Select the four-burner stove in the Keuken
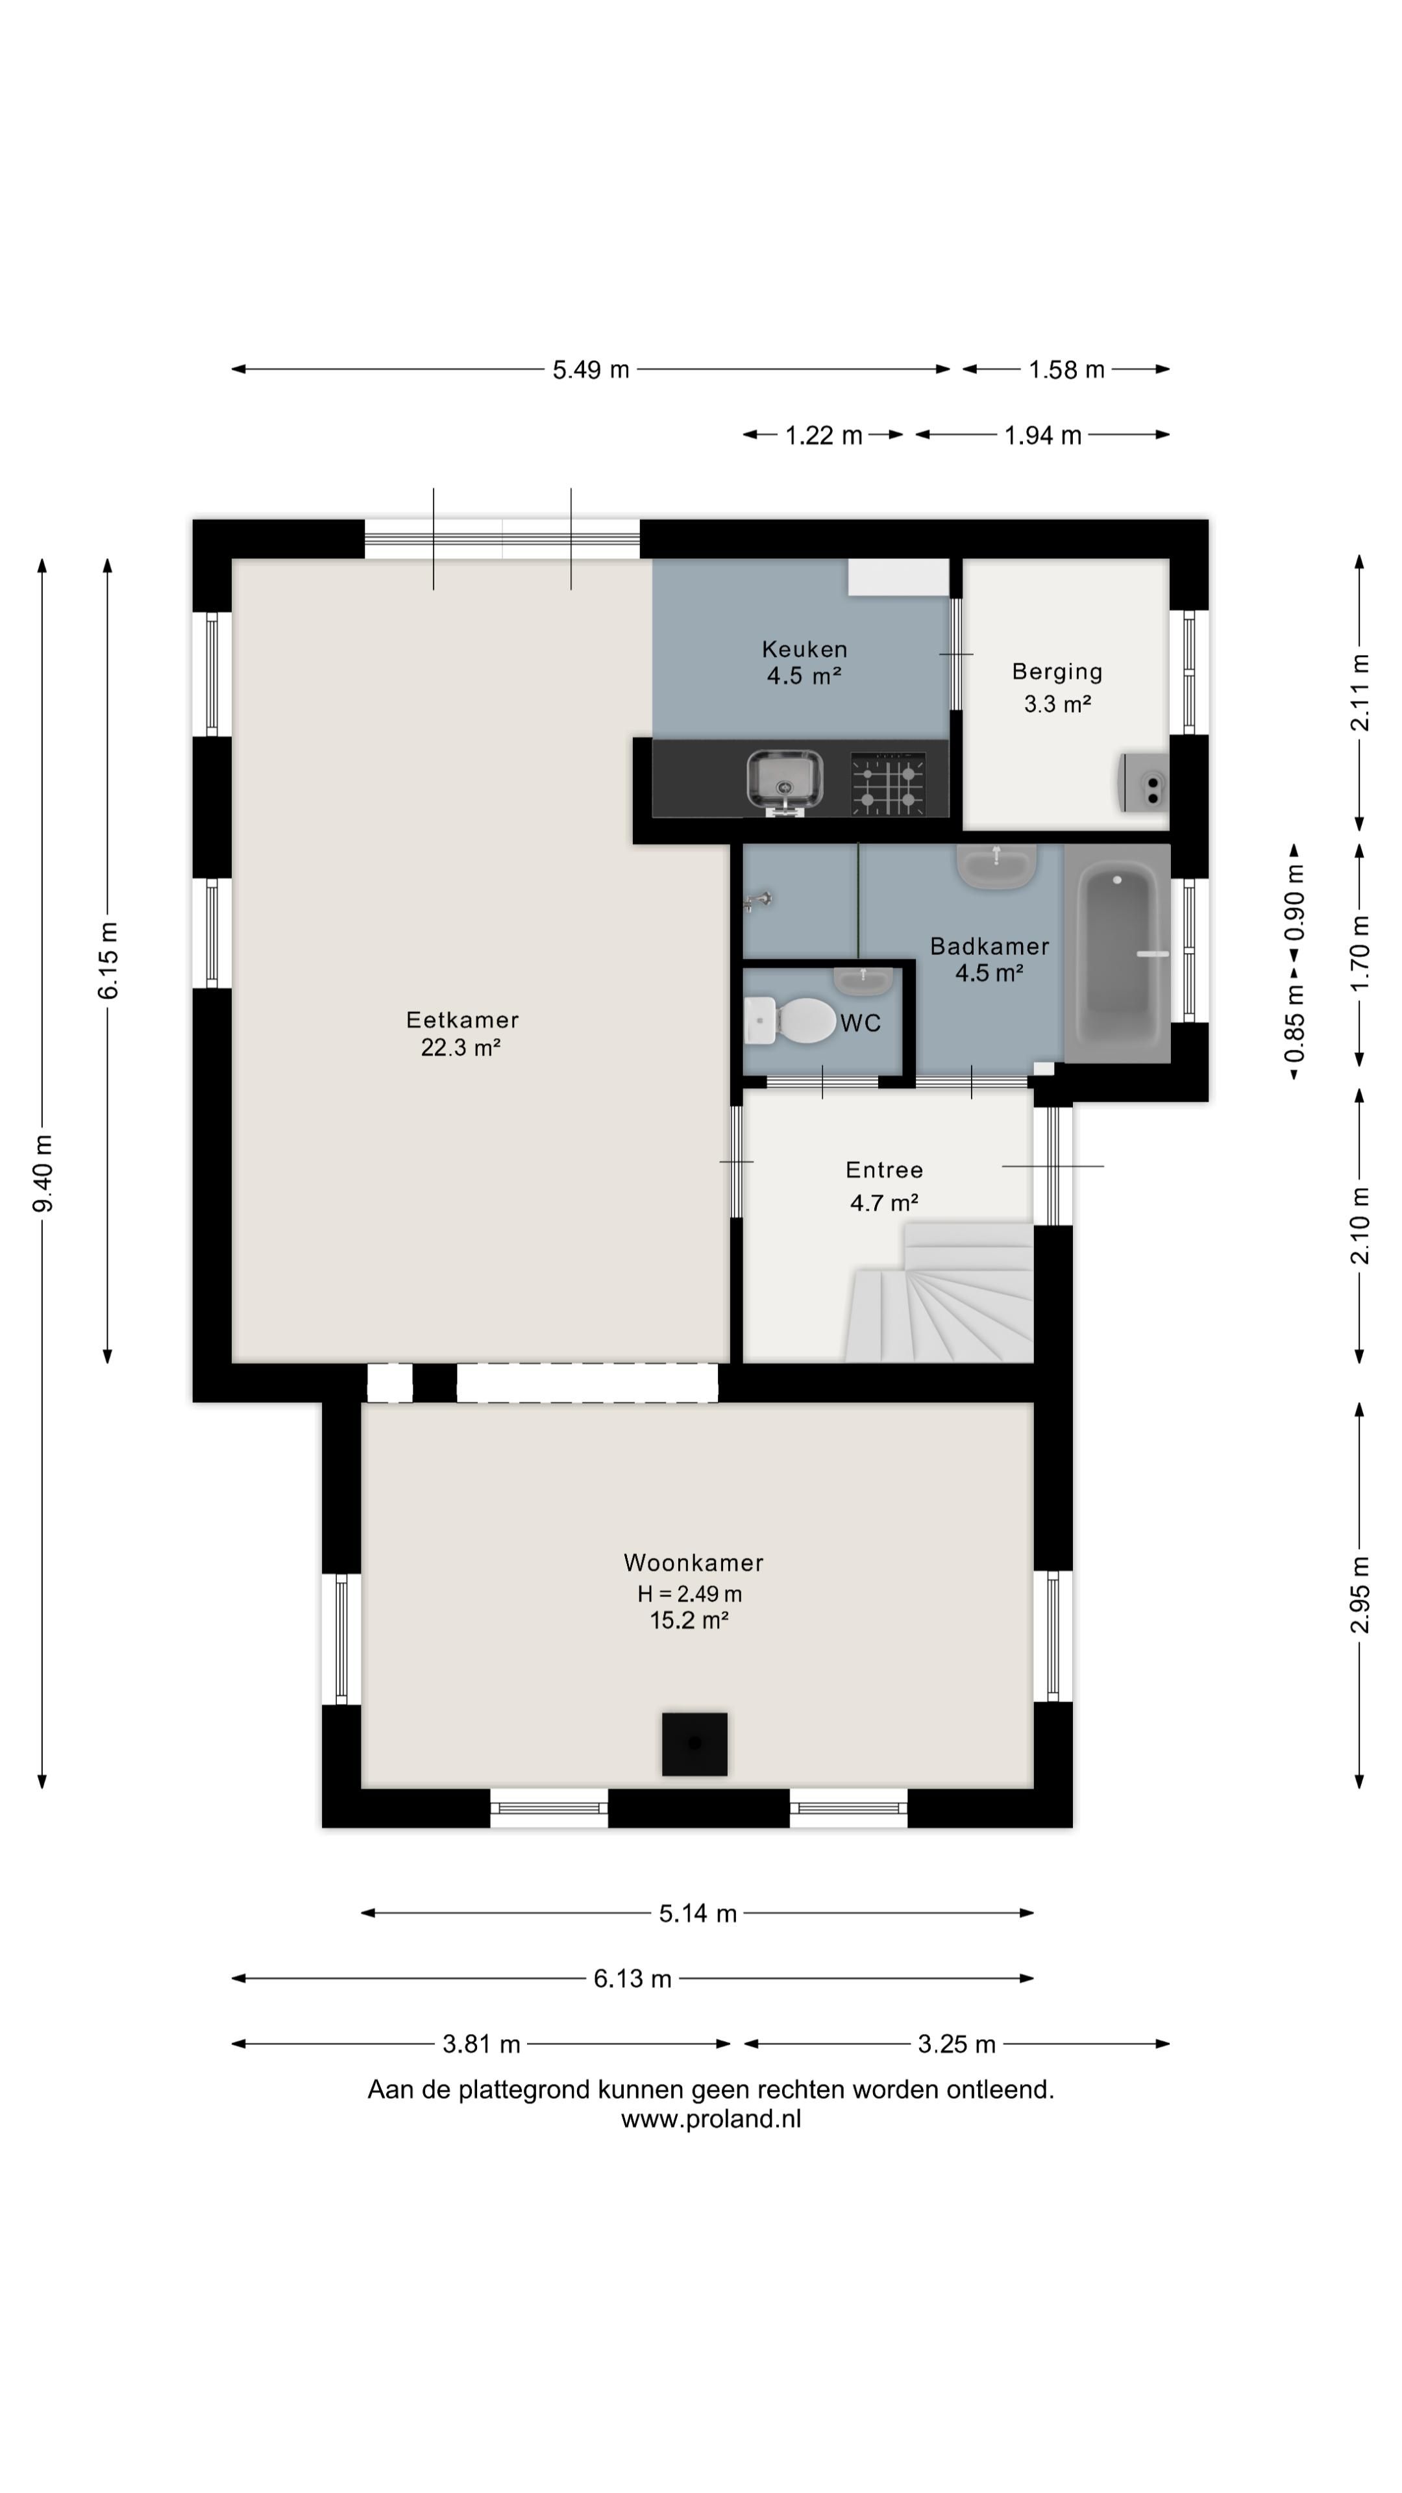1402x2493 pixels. coord(887,783)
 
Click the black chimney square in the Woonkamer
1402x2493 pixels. coord(694,1744)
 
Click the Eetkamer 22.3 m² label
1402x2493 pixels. coord(461,1033)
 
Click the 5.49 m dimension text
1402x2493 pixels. coord(590,369)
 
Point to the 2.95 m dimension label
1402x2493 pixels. coord(1359,1594)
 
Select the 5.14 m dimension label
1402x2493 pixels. coord(698,1913)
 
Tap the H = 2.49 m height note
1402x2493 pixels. coord(689,1593)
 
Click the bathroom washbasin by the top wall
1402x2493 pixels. coord(996,864)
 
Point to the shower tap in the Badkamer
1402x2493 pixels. coord(757,901)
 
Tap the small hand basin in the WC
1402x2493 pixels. coord(863,980)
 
